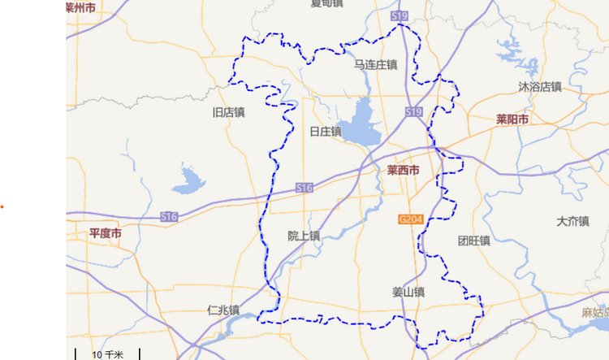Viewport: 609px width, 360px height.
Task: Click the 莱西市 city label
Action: click(x=403, y=171)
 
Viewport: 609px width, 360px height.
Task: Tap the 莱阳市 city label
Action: click(x=512, y=119)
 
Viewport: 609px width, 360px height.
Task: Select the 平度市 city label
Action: click(x=106, y=233)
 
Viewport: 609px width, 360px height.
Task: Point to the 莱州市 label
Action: click(x=81, y=7)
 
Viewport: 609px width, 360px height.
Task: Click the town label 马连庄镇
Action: click(x=375, y=64)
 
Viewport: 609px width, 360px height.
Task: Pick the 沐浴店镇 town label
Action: click(x=540, y=86)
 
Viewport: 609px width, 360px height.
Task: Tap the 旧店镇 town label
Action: click(x=228, y=112)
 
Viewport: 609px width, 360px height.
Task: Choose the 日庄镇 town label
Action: click(x=325, y=131)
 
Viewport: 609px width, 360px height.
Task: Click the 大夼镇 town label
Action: click(x=572, y=221)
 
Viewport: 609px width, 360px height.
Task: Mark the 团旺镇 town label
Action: click(x=473, y=241)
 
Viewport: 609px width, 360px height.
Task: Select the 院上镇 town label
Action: click(x=304, y=236)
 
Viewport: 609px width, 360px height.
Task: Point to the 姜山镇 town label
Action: click(x=408, y=292)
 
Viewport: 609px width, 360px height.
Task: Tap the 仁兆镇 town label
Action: click(x=222, y=310)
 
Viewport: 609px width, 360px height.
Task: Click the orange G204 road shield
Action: click(x=410, y=219)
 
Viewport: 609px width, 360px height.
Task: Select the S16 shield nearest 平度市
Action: click(x=169, y=217)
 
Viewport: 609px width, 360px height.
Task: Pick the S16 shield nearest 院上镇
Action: click(x=304, y=188)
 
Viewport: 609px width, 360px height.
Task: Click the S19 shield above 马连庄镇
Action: click(x=399, y=16)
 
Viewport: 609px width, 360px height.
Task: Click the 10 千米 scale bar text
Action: click(x=107, y=355)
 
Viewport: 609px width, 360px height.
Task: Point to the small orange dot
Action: click(x=2, y=207)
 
